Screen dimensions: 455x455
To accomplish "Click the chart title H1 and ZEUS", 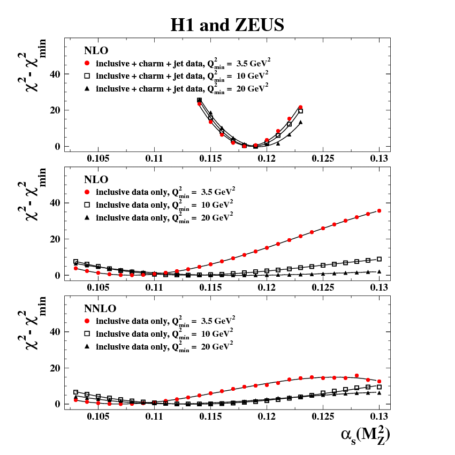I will coord(227,25).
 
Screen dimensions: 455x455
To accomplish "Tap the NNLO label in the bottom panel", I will coord(99,309).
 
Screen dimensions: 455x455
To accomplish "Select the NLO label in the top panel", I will coord(96,51).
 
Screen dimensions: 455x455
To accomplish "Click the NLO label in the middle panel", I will coord(96,179).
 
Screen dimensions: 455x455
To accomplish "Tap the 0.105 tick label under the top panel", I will coord(98,159).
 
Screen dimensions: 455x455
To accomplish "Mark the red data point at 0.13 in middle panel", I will coord(379,211).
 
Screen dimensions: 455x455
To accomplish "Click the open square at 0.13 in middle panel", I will coord(379,259).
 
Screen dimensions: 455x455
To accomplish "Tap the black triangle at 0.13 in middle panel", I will coord(379,271).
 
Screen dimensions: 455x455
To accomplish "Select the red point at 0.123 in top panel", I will coord(300,108).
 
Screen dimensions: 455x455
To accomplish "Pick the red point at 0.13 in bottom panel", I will coord(379,381).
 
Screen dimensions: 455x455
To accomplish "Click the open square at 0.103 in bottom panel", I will coord(76,392).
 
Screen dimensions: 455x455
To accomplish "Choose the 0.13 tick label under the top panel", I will coord(379,159).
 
